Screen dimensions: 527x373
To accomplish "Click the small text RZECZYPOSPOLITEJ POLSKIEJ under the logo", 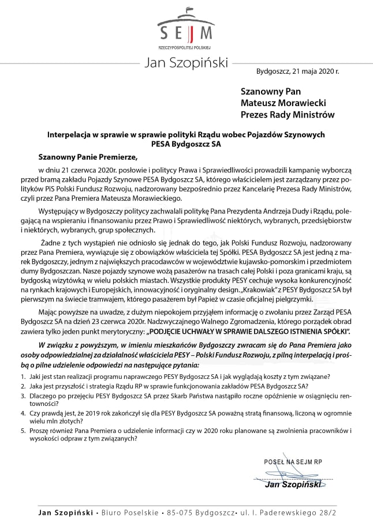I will pyautogui.click(x=186, y=45).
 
